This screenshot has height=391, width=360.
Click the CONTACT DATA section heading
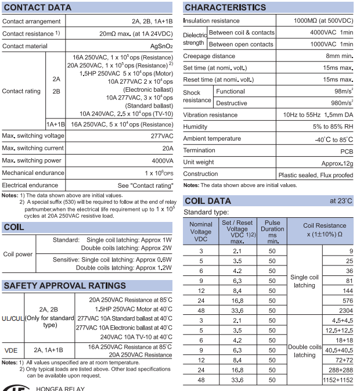click(37, 8)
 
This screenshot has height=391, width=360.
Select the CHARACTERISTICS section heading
click(225, 8)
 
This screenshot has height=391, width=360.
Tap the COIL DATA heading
click(207, 201)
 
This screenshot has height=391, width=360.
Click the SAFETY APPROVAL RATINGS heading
click(64, 286)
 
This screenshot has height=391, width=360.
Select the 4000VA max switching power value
click(162, 160)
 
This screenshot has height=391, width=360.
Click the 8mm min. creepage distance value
click(339, 56)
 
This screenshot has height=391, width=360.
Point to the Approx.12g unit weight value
click(337, 163)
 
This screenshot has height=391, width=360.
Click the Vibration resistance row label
click(210, 115)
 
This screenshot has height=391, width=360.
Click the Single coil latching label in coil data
click(304, 281)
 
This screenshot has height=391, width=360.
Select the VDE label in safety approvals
click(11, 350)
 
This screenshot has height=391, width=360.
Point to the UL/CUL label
click(12, 318)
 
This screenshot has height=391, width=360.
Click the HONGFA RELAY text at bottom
click(60, 388)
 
